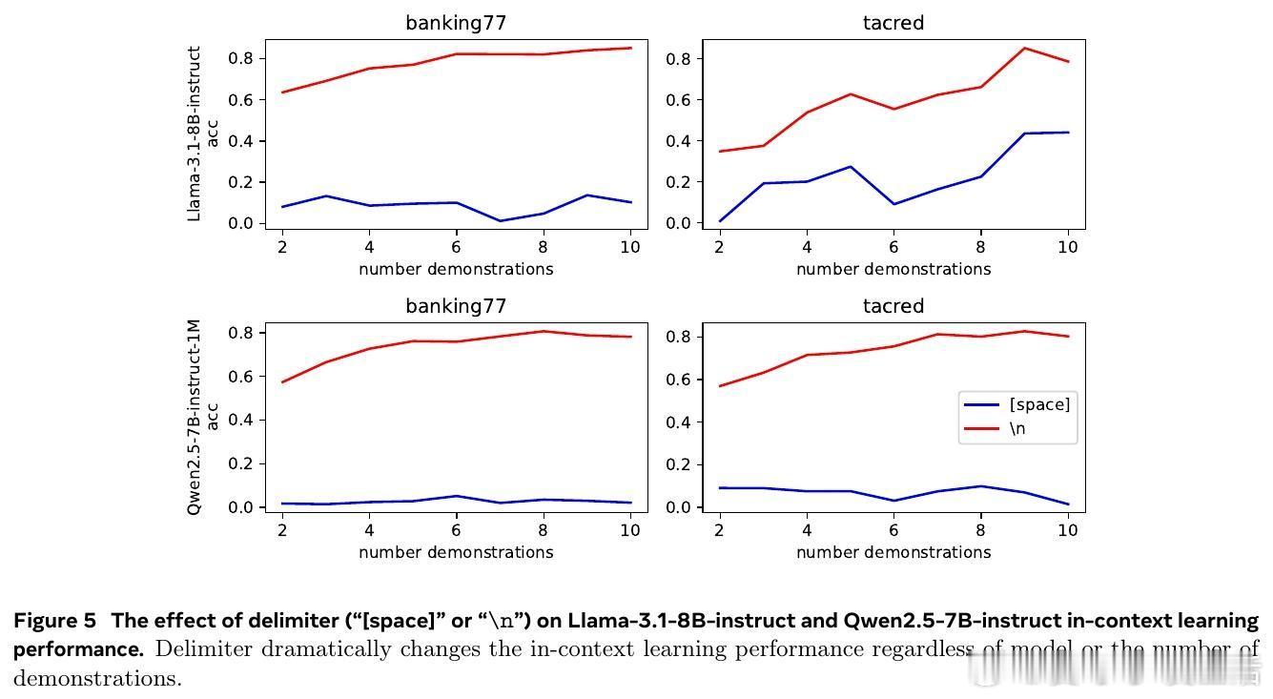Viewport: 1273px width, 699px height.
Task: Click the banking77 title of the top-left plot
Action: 456,23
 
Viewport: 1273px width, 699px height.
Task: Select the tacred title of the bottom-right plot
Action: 893,306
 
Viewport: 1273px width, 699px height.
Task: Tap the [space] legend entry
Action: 1039,404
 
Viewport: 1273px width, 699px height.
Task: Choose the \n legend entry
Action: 1017,429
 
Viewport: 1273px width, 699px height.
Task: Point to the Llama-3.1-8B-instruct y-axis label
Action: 195,134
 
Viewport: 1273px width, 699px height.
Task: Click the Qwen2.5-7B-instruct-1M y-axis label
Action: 195,417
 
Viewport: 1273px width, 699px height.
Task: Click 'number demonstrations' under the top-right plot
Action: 893,269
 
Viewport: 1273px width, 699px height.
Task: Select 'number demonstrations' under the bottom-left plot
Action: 456,552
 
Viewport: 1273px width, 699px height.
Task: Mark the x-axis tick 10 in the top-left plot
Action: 629,247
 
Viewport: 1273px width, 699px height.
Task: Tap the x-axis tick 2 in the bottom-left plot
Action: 282,530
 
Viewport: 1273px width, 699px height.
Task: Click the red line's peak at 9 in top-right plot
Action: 1025,48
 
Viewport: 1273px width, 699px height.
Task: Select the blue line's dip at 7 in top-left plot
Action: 499,221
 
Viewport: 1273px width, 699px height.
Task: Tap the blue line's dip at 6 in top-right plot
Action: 893,204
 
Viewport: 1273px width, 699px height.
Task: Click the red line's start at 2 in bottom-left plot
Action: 282,382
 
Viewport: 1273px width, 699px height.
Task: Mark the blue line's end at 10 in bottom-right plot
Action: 1068,504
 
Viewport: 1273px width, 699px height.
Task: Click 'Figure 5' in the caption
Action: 54,621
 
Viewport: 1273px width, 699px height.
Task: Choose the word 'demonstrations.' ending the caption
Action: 97,679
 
